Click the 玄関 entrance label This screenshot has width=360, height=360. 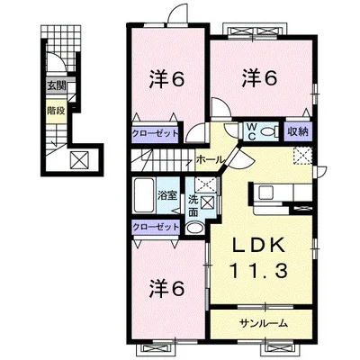(x=56, y=86)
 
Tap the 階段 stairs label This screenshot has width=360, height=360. (x=56, y=111)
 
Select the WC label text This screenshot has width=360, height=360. (x=251, y=131)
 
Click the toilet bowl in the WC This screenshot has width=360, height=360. (x=268, y=131)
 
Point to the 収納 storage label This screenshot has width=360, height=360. (x=298, y=131)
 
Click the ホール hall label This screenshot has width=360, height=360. (x=210, y=159)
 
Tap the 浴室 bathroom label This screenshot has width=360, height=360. (x=167, y=196)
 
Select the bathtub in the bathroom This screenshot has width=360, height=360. (x=144, y=195)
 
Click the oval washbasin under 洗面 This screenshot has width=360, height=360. (x=193, y=229)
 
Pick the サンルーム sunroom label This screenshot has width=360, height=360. (x=264, y=323)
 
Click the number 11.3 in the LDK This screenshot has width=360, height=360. (x=259, y=270)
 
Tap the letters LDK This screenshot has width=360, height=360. (x=259, y=247)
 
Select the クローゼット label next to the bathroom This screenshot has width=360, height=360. (x=156, y=227)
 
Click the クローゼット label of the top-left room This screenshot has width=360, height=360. (x=156, y=133)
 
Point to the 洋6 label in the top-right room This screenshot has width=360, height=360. (x=260, y=77)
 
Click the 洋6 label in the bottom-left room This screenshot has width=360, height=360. (x=166, y=289)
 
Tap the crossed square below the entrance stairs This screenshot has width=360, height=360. (x=79, y=160)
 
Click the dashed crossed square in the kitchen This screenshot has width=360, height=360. (x=302, y=157)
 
